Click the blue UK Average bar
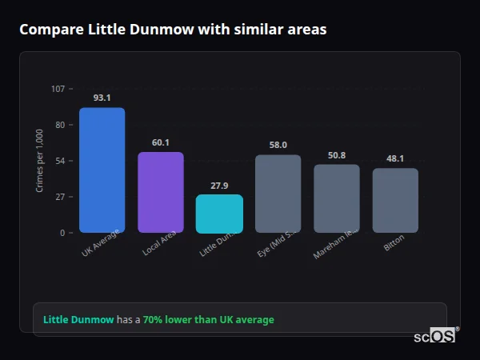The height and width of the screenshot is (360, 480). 102,170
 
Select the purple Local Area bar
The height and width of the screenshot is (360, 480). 160,192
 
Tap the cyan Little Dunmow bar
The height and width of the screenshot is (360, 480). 219,214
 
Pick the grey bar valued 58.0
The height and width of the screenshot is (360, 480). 278,194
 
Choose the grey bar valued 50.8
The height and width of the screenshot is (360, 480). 337,198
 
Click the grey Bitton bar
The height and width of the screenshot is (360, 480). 395,200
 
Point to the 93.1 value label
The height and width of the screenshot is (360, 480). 102,98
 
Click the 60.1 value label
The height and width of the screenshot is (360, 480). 160,142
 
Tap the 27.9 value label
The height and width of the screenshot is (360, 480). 219,186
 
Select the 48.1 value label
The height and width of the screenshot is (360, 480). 395,158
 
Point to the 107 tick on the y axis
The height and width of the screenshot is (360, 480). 58,88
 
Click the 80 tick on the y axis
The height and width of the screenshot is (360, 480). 59,125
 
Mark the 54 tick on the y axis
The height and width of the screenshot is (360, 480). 59,161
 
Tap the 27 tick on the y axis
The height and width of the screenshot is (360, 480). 59,197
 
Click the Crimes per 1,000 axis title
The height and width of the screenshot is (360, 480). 40,160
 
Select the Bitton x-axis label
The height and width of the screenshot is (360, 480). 394,244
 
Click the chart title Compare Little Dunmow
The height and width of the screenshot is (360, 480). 172,29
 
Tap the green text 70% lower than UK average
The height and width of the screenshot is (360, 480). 208,320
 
